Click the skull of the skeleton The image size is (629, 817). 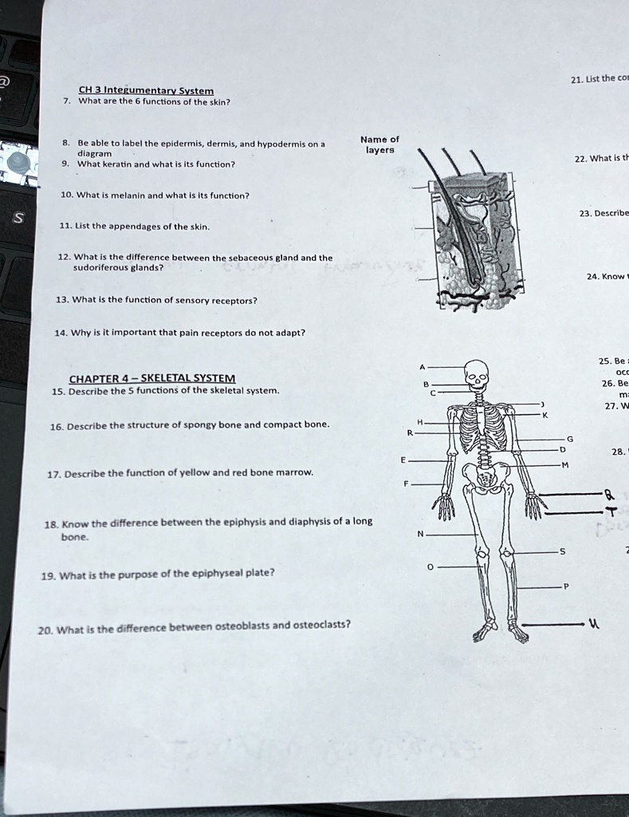coord(476,373)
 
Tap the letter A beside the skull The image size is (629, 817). coord(422,367)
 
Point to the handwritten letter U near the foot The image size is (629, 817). coord(592,625)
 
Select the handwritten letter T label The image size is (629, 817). coord(611,512)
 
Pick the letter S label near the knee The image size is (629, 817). coord(562,551)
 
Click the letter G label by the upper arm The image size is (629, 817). coord(568,438)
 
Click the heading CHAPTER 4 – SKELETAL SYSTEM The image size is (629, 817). coord(151,377)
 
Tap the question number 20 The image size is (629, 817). coord(45,630)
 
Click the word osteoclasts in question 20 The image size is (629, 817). coord(321,625)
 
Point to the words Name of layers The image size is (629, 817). coord(379,144)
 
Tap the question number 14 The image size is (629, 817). coord(61,332)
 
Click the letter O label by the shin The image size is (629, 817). coord(430,567)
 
